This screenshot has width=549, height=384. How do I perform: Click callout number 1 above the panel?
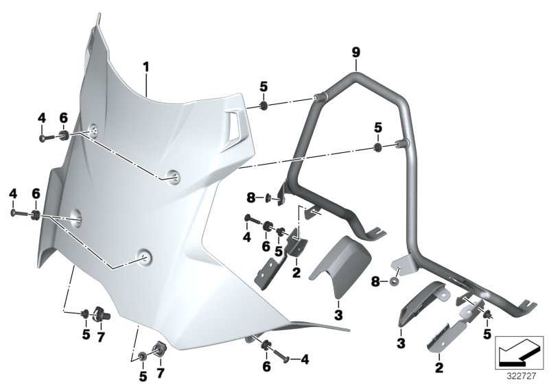(145, 67)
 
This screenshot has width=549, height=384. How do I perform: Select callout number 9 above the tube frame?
(355, 51)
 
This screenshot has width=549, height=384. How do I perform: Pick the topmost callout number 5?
(264, 86)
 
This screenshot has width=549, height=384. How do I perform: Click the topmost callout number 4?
(41, 119)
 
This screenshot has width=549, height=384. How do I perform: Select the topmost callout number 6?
(63, 119)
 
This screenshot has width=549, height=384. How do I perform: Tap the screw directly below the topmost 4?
(44, 138)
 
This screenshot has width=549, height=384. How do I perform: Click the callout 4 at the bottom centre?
(305, 358)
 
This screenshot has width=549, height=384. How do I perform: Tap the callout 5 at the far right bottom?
(487, 334)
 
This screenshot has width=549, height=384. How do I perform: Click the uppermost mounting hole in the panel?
(94, 131)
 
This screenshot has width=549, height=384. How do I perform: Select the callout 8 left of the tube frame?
(250, 198)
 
